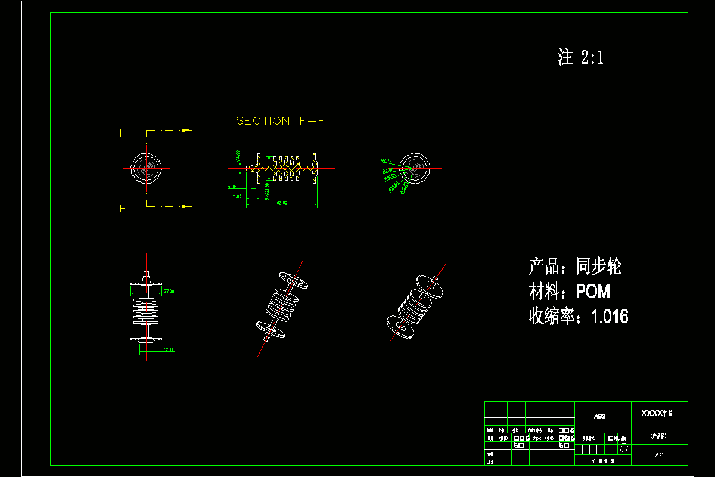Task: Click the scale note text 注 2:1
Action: pyautogui.click(x=581, y=57)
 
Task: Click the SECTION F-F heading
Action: pyautogui.click(x=281, y=121)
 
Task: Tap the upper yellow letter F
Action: pyautogui.click(x=123, y=132)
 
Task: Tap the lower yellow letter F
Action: pyautogui.click(x=123, y=208)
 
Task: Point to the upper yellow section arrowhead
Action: pyautogui.click(x=187, y=130)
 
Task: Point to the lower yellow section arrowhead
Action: pyautogui.click(x=187, y=206)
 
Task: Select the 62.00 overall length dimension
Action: pyautogui.click(x=282, y=203)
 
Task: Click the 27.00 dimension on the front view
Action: pyautogui.click(x=169, y=291)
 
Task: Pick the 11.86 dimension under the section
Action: pyautogui.click(x=237, y=196)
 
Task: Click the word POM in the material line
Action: pyautogui.click(x=593, y=292)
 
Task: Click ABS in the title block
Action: pyautogui.click(x=600, y=416)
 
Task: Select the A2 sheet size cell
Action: pyautogui.click(x=658, y=455)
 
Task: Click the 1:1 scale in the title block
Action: pyautogui.click(x=624, y=447)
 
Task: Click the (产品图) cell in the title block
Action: pyautogui.click(x=658, y=436)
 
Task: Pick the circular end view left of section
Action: pyautogui.click(x=146, y=168)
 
